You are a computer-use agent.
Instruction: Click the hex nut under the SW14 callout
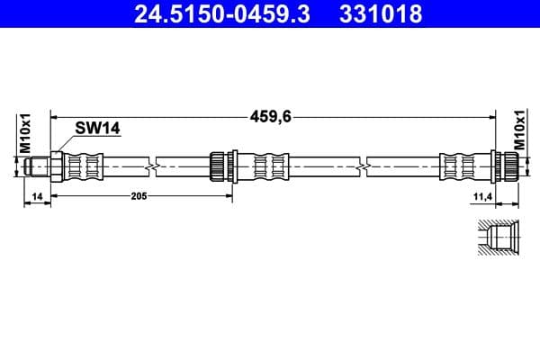click(x=56, y=166)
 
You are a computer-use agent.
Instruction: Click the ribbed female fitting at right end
click(x=508, y=166)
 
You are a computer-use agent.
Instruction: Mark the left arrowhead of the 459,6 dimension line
click(x=56, y=116)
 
